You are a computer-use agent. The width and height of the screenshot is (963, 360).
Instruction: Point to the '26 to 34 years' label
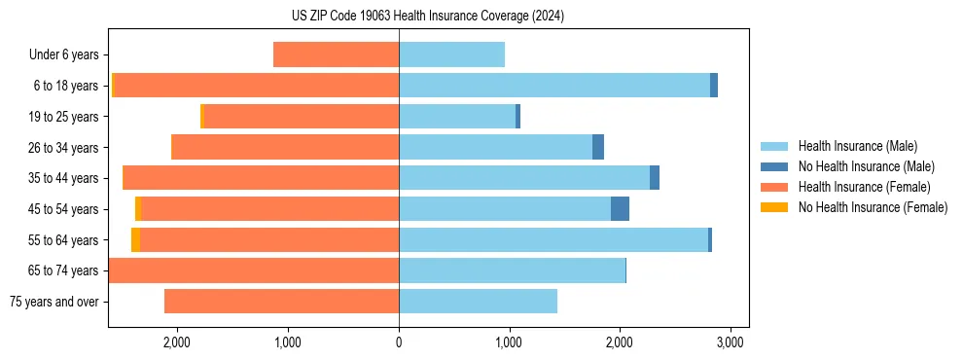[x=64, y=148]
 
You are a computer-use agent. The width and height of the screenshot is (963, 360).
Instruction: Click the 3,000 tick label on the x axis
[x=731, y=342]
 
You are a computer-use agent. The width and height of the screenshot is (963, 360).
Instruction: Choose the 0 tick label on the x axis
[x=399, y=342]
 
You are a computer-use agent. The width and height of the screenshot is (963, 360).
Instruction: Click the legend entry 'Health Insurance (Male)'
[x=857, y=146]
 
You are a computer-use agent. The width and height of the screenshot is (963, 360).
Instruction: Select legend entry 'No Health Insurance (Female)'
[x=873, y=207]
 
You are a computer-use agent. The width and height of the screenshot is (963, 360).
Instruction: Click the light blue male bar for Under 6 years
[x=451, y=54]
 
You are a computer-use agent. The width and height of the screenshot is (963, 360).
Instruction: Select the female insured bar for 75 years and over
[x=281, y=302]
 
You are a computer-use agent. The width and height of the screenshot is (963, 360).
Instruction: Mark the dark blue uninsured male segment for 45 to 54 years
[x=620, y=209]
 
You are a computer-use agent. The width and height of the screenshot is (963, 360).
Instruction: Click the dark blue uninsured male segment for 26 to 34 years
[x=598, y=147]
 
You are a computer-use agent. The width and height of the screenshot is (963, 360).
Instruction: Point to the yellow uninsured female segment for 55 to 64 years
[x=135, y=240]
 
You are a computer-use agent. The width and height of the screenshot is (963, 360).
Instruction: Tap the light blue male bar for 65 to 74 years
[x=512, y=270]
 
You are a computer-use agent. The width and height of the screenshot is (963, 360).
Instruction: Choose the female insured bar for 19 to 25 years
[x=302, y=117]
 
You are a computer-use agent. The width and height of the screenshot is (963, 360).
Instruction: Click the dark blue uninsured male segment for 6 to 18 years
[x=714, y=86]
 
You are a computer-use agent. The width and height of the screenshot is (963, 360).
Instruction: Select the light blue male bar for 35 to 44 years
[x=524, y=178]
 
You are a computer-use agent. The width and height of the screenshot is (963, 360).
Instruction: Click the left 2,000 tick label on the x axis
[x=177, y=342]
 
